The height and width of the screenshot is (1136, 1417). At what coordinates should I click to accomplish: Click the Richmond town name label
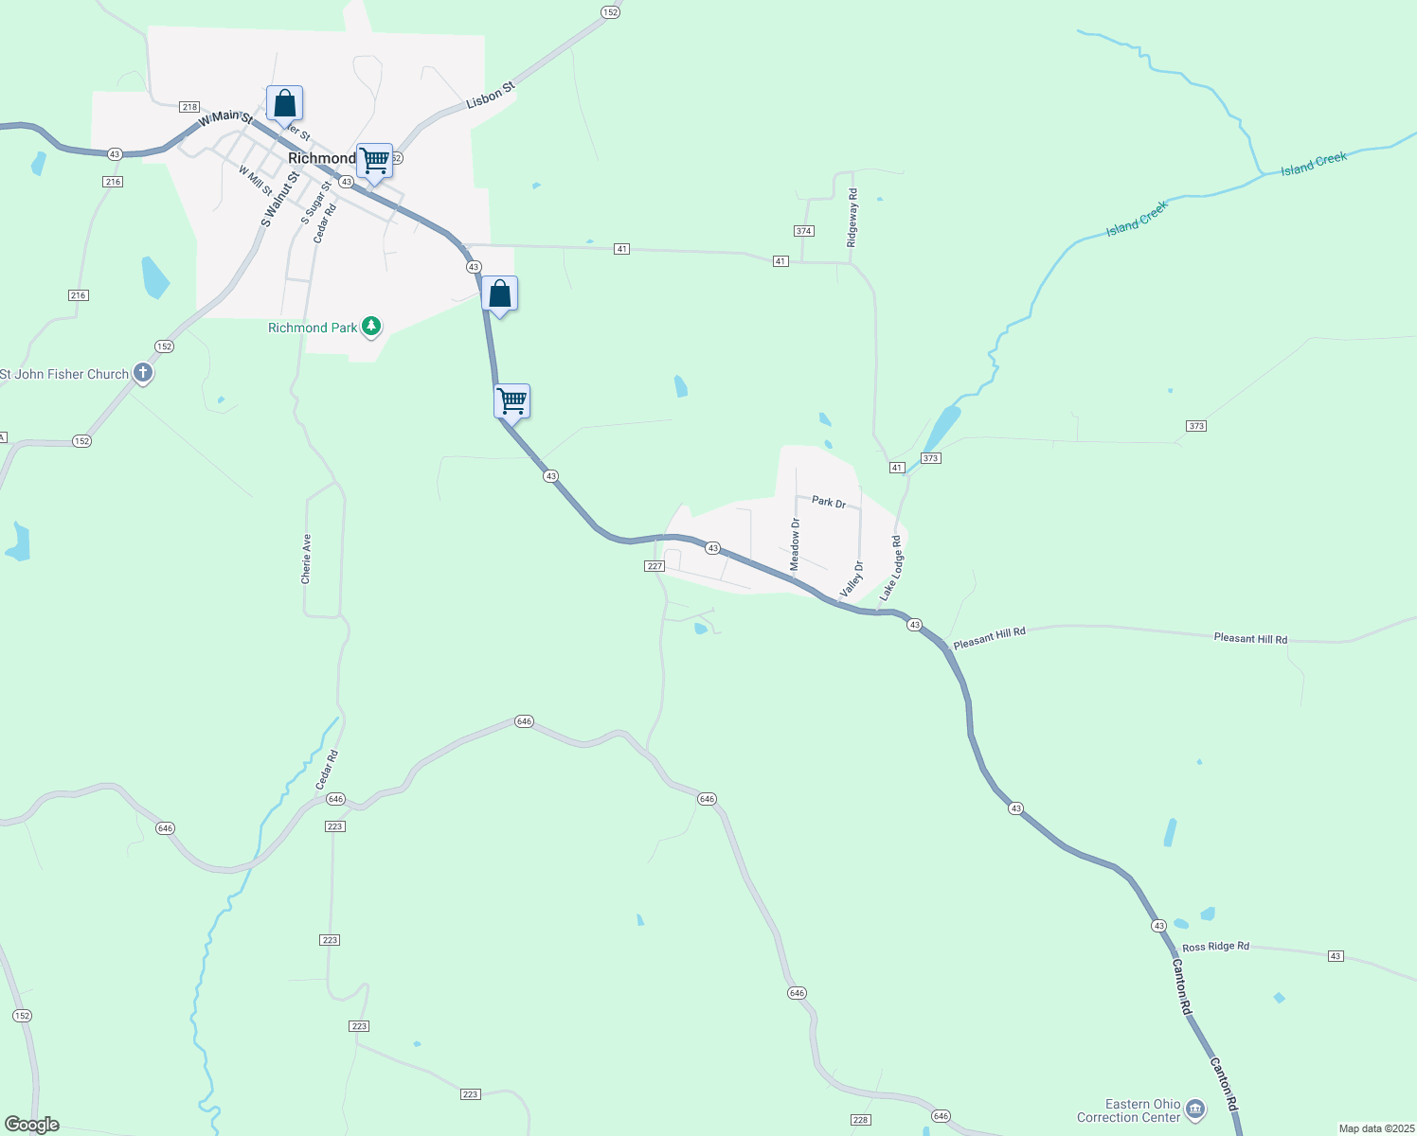point(322,158)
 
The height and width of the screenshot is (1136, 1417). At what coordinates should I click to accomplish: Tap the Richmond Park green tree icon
point(372,328)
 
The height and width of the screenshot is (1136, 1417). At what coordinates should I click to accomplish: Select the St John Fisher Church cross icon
point(143,374)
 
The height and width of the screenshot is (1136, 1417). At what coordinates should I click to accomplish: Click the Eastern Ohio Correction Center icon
point(1195,1109)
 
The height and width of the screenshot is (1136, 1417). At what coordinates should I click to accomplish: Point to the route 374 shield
point(804,231)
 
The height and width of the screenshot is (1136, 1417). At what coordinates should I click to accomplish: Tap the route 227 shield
point(655,566)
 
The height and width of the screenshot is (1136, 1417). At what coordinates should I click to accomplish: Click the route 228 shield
point(861,1120)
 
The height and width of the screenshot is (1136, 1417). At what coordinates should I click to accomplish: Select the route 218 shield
point(189,107)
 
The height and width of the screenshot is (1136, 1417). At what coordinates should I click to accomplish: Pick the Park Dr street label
point(829,502)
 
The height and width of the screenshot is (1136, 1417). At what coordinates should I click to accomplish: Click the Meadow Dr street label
point(796,543)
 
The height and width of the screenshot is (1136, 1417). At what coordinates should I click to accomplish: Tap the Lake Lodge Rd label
point(891,568)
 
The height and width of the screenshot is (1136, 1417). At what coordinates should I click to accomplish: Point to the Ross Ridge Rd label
point(1215,947)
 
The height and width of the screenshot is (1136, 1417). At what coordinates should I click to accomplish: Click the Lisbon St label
point(492,95)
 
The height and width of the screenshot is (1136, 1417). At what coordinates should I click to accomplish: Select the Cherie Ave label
point(306,559)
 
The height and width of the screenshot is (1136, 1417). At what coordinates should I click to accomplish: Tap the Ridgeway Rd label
point(852,218)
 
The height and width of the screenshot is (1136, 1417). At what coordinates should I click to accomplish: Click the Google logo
point(32,1125)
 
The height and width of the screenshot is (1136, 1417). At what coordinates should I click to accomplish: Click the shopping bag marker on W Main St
point(284,103)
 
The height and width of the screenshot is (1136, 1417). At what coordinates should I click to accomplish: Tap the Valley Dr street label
point(852,579)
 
